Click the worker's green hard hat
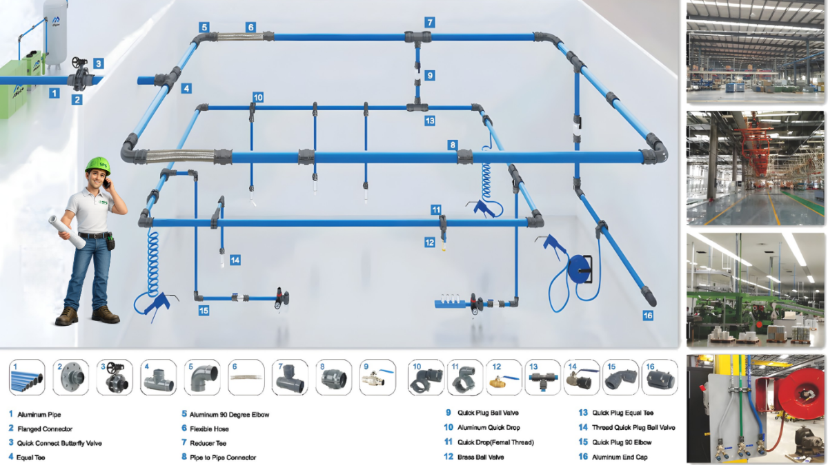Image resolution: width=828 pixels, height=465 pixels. (98, 165)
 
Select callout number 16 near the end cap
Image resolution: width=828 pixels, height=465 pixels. (647, 316)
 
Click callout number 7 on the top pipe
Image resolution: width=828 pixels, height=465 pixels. (429, 22)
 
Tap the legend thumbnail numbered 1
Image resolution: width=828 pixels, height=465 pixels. (27, 377)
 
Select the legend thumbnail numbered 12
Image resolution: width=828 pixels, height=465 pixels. (503, 377)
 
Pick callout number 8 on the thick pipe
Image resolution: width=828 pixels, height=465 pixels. (452, 145)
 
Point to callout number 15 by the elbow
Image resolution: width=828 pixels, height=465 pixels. (204, 311)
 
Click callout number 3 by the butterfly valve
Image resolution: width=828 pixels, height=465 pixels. (99, 63)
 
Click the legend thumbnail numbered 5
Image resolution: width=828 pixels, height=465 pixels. (202, 377)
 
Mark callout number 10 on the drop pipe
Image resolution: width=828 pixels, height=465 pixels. (257, 98)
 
